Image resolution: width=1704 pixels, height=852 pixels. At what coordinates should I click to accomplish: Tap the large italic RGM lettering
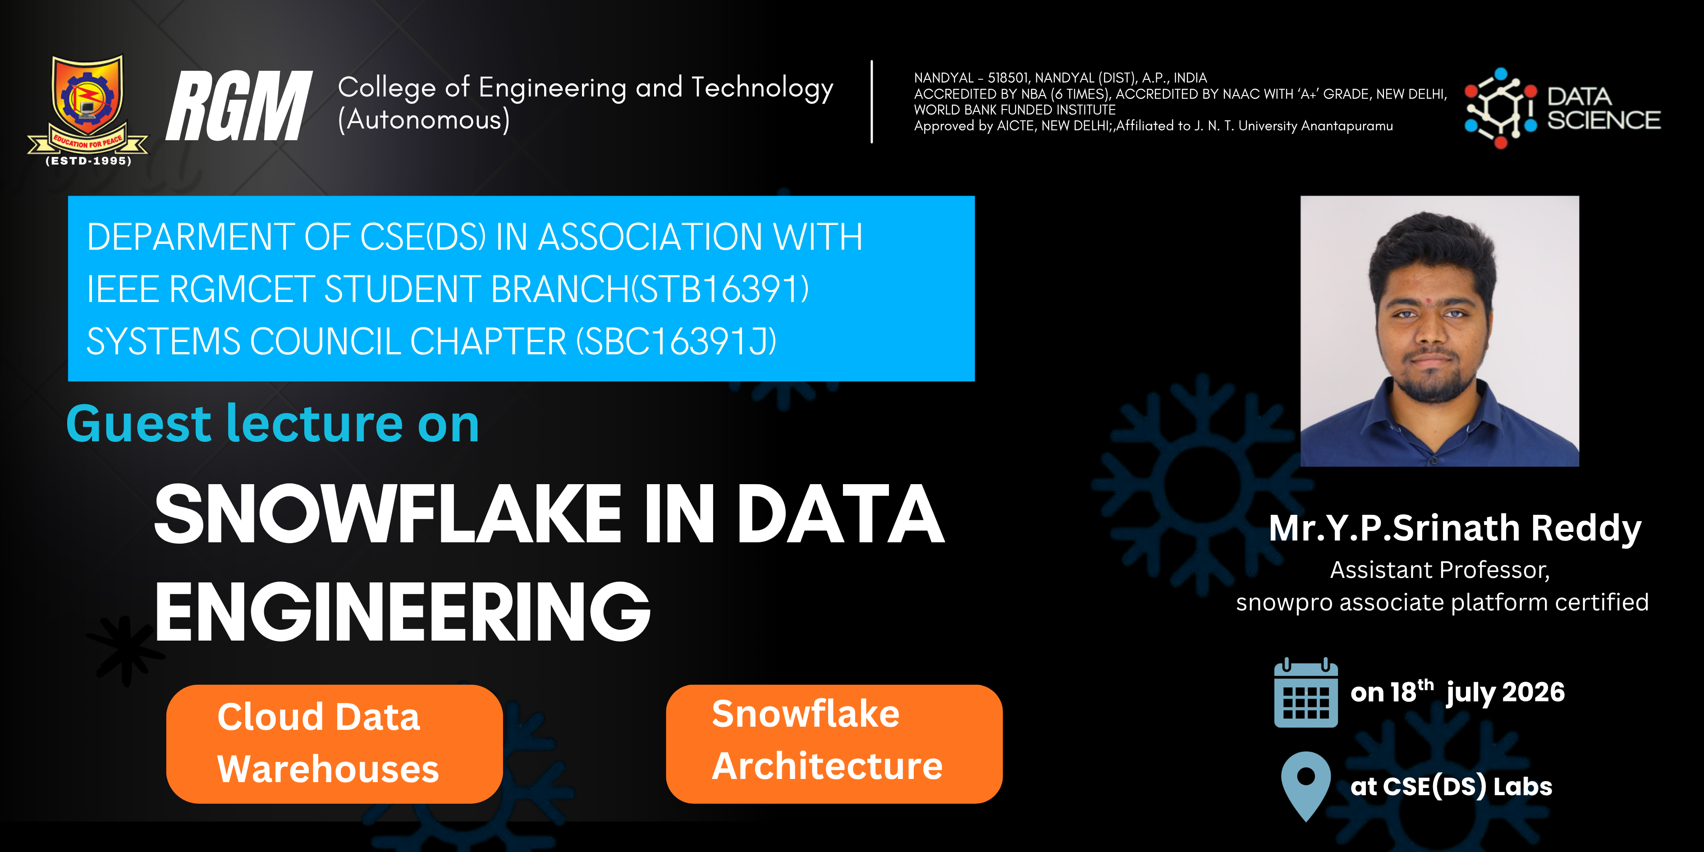point(238,106)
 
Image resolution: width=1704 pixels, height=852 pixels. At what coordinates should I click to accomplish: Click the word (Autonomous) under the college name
point(424,120)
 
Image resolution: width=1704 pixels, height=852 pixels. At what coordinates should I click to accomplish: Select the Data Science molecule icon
point(1500,108)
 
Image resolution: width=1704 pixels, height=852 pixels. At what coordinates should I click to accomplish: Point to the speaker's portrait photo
point(1439,331)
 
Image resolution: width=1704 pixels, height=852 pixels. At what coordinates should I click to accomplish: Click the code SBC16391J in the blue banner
point(676,341)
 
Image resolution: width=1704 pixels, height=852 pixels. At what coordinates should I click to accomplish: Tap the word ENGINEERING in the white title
point(402,611)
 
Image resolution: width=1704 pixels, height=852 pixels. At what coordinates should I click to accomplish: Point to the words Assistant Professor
point(1439,569)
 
